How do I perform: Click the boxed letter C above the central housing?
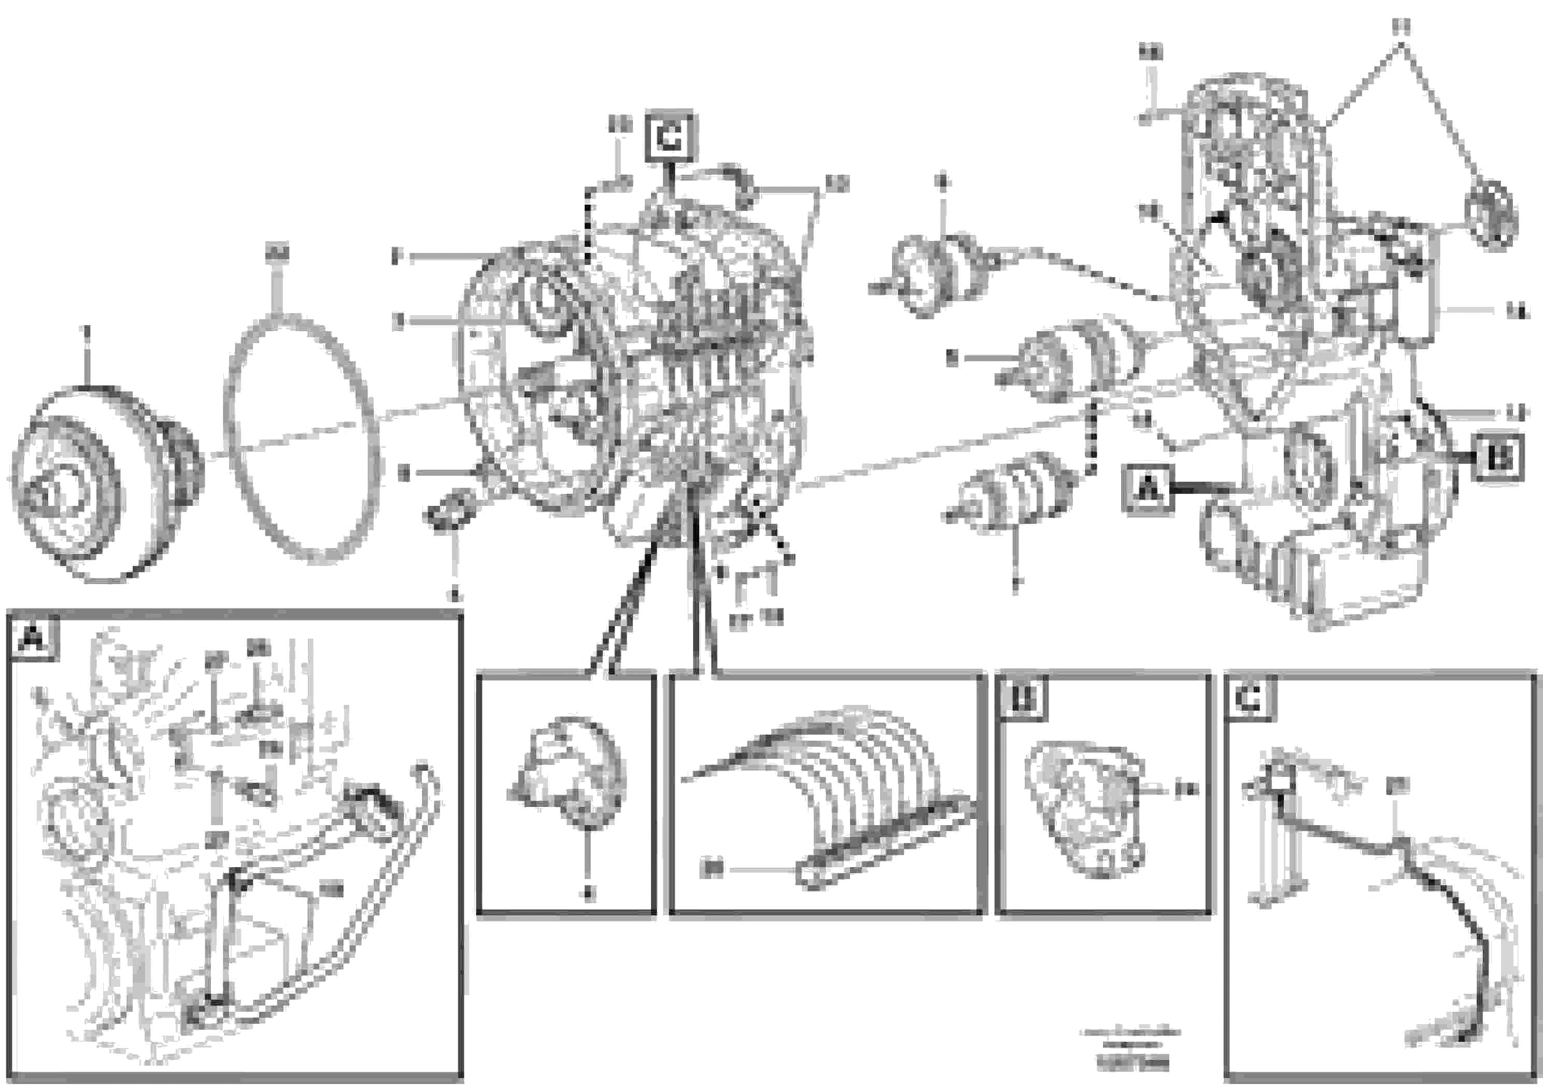[669, 138]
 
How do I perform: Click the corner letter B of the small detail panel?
[1024, 699]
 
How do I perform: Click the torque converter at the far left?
[101, 484]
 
